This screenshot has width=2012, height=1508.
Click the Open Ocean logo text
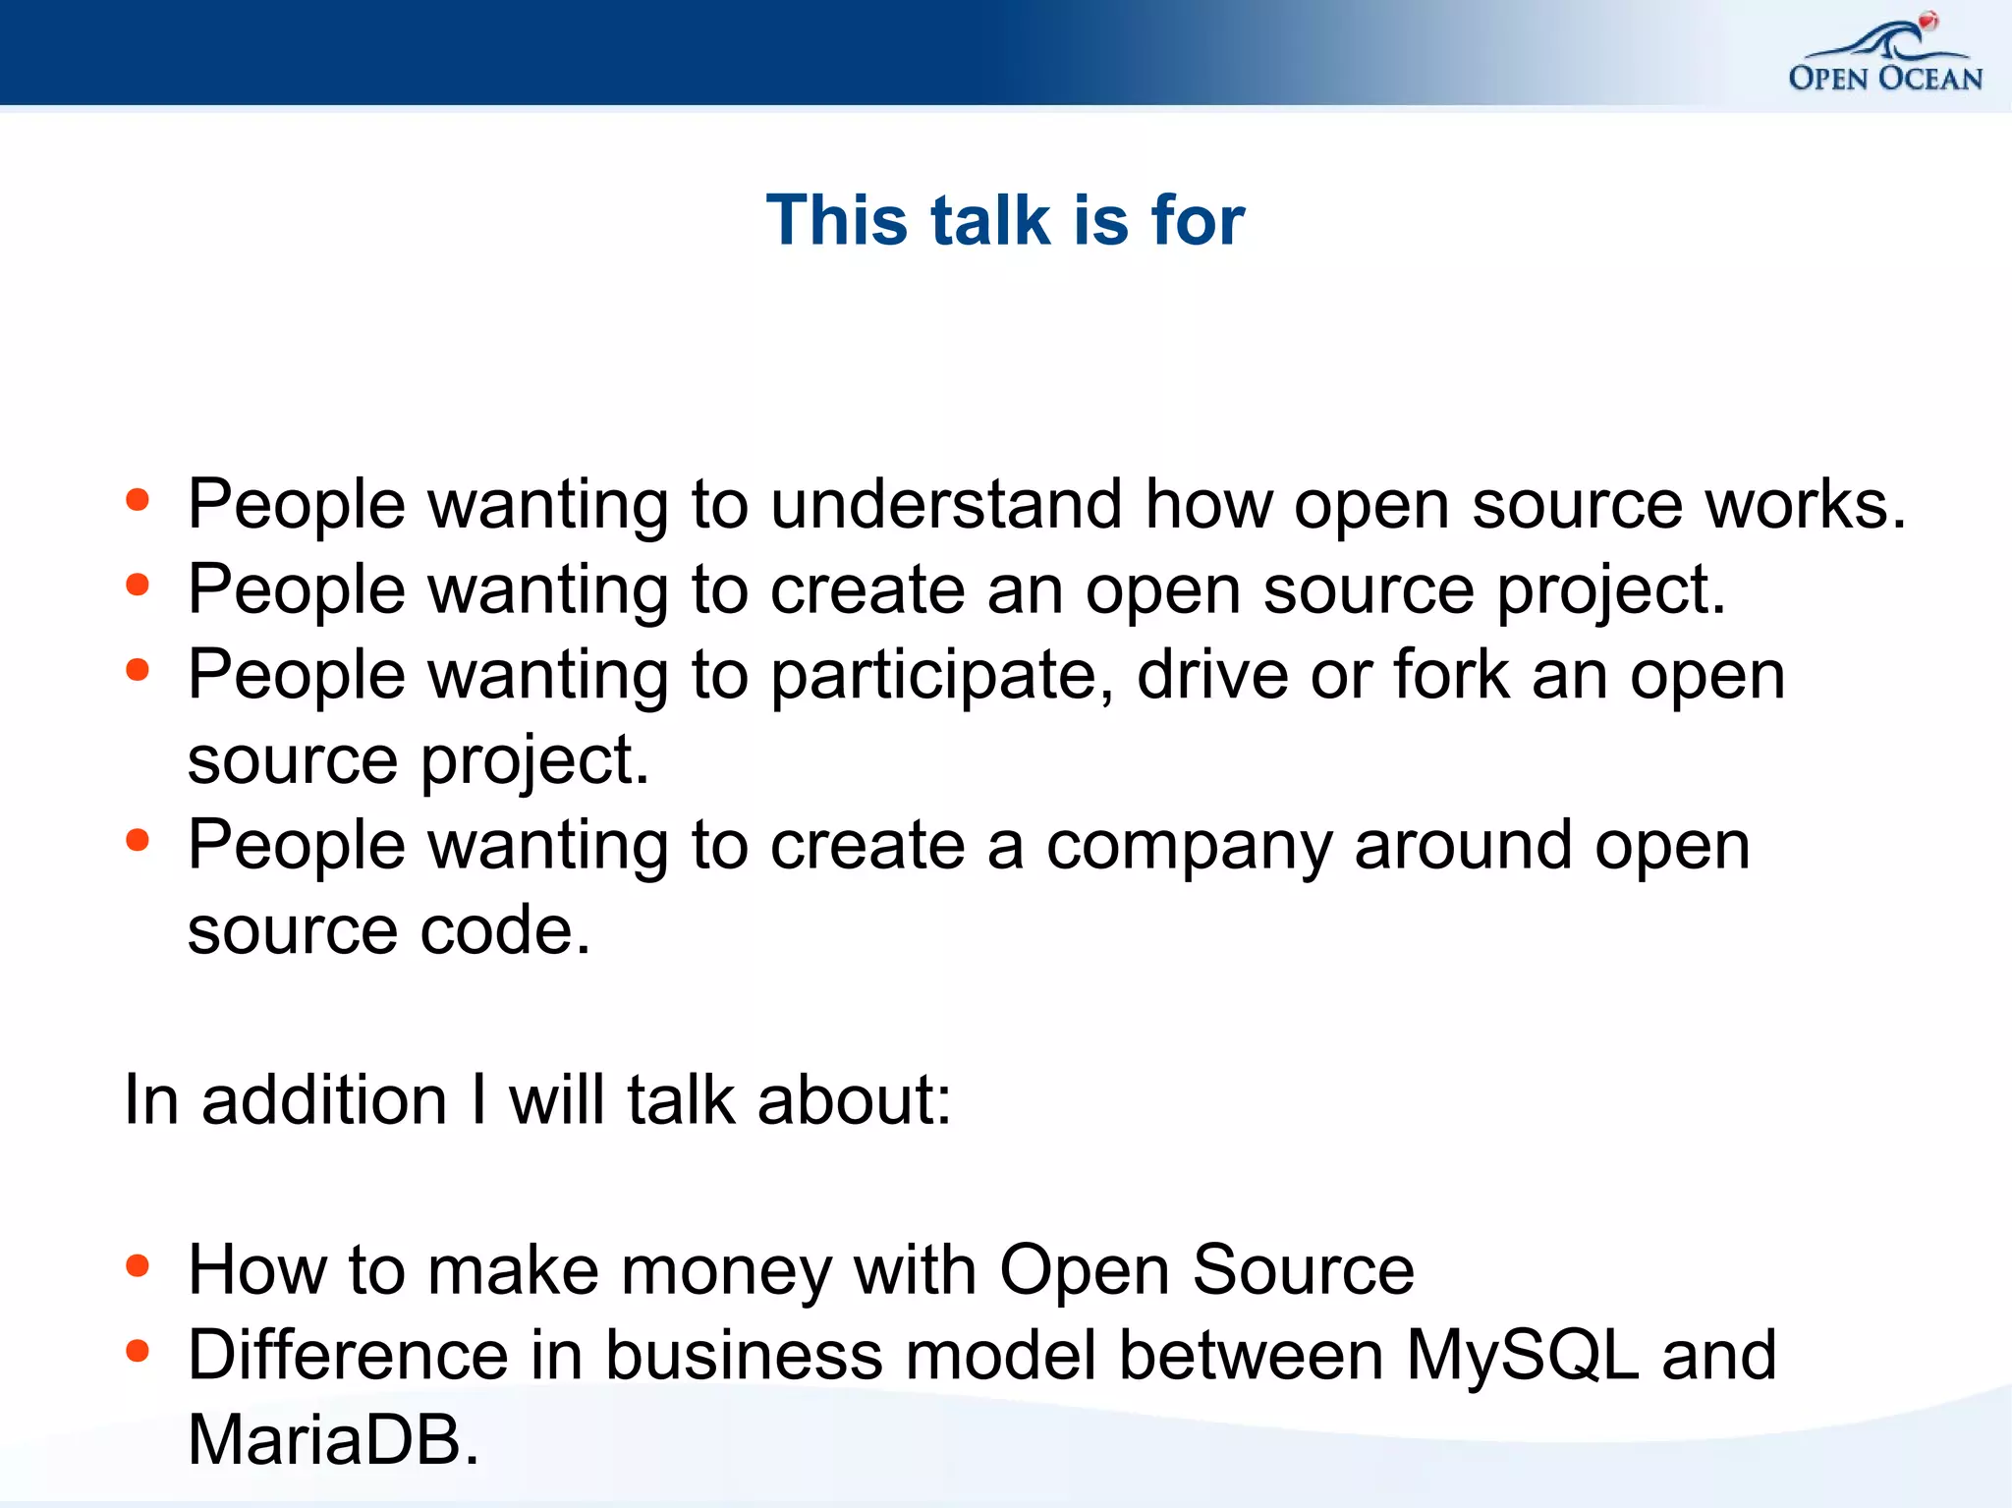point(1885,79)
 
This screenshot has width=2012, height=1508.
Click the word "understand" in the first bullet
point(946,504)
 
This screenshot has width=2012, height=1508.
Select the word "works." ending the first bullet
point(1805,504)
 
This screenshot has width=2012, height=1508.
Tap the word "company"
point(1189,847)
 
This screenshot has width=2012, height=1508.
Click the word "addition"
point(324,1099)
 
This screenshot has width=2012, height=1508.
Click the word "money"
point(726,1271)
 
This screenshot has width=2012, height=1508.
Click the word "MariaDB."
point(333,1440)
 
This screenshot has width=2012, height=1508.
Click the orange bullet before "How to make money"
point(138,1266)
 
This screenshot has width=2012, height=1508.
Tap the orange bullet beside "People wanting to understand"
point(138,500)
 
